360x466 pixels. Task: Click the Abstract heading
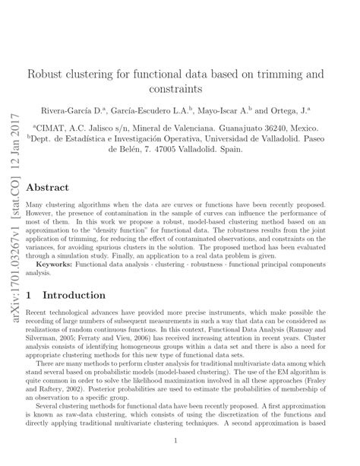[48, 187]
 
